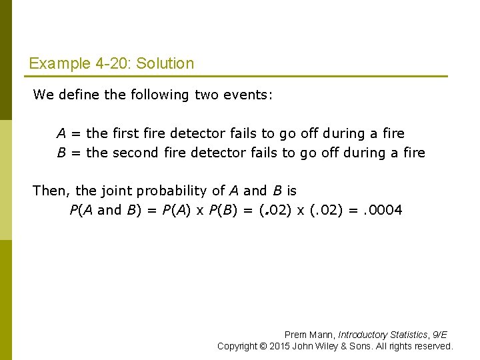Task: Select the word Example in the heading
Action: (x=55, y=64)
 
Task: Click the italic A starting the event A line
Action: (x=61, y=133)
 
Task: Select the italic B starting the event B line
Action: (x=61, y=153)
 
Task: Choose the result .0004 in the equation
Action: (x=383, y=210)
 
